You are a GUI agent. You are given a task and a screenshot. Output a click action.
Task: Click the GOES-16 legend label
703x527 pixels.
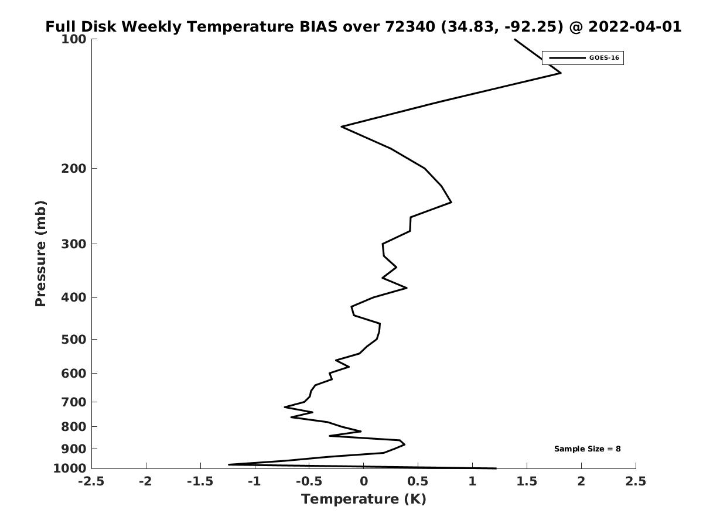pyautogui.click(x=604, y=58)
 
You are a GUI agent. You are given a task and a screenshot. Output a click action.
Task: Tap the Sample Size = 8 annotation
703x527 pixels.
pyautogui.click(x=588, y=449)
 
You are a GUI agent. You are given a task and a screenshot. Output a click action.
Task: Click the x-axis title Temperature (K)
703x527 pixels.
pyautogui.click(x=364, y=499)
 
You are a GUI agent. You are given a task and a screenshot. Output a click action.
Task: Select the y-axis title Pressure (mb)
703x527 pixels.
pyautogui.click(x=40, y=254)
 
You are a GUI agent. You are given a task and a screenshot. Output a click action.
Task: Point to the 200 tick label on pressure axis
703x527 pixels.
pyautogui.click(x=74, y=168)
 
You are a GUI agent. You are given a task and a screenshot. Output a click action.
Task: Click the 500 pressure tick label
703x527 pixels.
pyautogui.click(x=74, y=339)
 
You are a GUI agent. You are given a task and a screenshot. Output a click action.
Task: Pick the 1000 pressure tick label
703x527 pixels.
pyautogui.click(x=70, y=468)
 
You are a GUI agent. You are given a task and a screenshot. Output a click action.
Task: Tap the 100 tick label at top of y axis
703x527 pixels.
pyautogui.click(x=74, y=39)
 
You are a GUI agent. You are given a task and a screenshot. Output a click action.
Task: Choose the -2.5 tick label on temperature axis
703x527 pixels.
pyautogui.click(x=91, y=481)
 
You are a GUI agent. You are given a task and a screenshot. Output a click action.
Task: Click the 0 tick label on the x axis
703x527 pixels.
pyautogui.click(x=364, y=481)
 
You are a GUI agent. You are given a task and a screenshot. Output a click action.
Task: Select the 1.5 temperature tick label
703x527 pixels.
pyautogui.click(x=527, y=481)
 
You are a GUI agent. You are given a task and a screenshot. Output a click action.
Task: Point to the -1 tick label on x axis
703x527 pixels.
pyautogui.click(x=255, y=481)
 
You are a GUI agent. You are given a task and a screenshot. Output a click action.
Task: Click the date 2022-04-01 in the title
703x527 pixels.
pyautogui.click(x=635, y=26)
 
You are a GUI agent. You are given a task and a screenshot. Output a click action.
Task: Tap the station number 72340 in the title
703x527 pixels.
pyautogui.click(x=410, y=26)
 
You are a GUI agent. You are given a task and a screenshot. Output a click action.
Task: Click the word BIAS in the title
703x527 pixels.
pyautogui.click(x=318, y=26)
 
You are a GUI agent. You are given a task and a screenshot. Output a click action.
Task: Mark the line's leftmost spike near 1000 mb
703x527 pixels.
pyautogui.click(x=228, y=464)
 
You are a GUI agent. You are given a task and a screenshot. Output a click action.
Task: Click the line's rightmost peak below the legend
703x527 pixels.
pyautogui.click(x=561, y=73)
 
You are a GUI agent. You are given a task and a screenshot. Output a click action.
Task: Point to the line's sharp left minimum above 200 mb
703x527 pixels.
pyautogui.click(x=342, y=126)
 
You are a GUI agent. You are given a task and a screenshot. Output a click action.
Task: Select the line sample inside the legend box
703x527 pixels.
pyautogui.click(x=567, y=58)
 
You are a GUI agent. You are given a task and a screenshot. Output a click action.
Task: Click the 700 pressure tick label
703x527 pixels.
pyautogui.click(x=74, y=402)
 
